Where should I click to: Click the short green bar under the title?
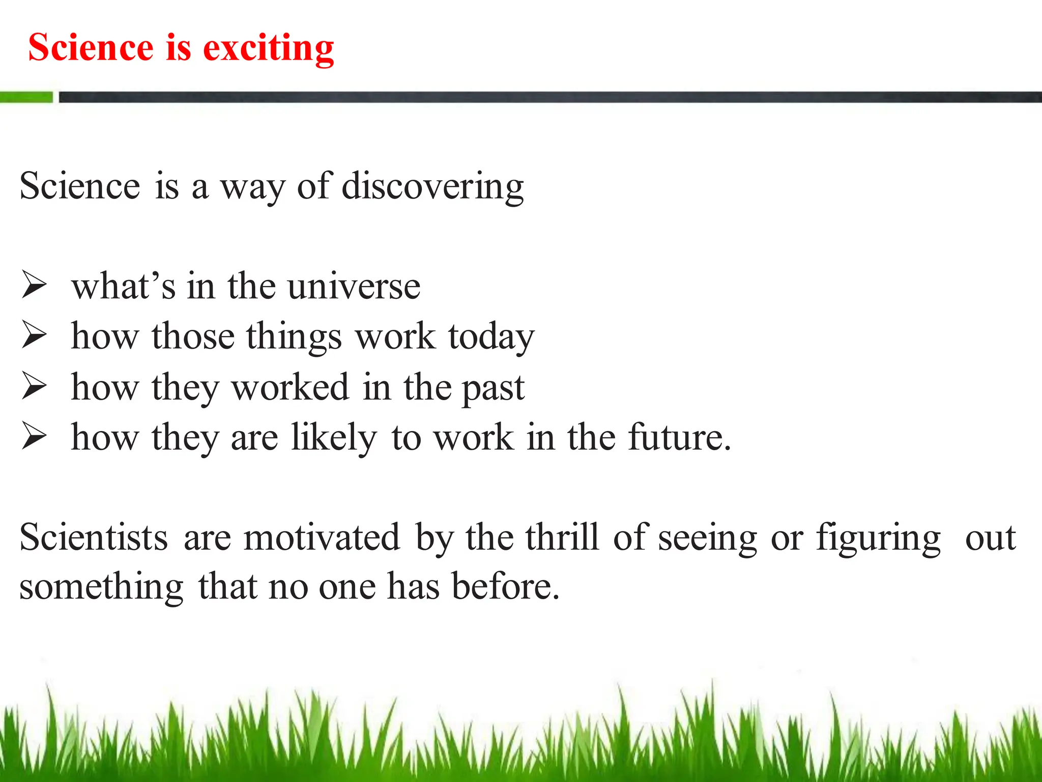26,97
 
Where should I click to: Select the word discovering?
432,186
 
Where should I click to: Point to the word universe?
354,287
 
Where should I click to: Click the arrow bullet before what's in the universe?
34,285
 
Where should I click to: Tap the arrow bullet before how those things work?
34,336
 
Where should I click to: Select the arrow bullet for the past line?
34,386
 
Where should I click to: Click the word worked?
291,387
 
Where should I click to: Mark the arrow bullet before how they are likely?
34,437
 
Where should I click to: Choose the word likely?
334,438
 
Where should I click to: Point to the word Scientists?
94,538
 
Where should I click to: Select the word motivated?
322,538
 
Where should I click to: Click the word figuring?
879,539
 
